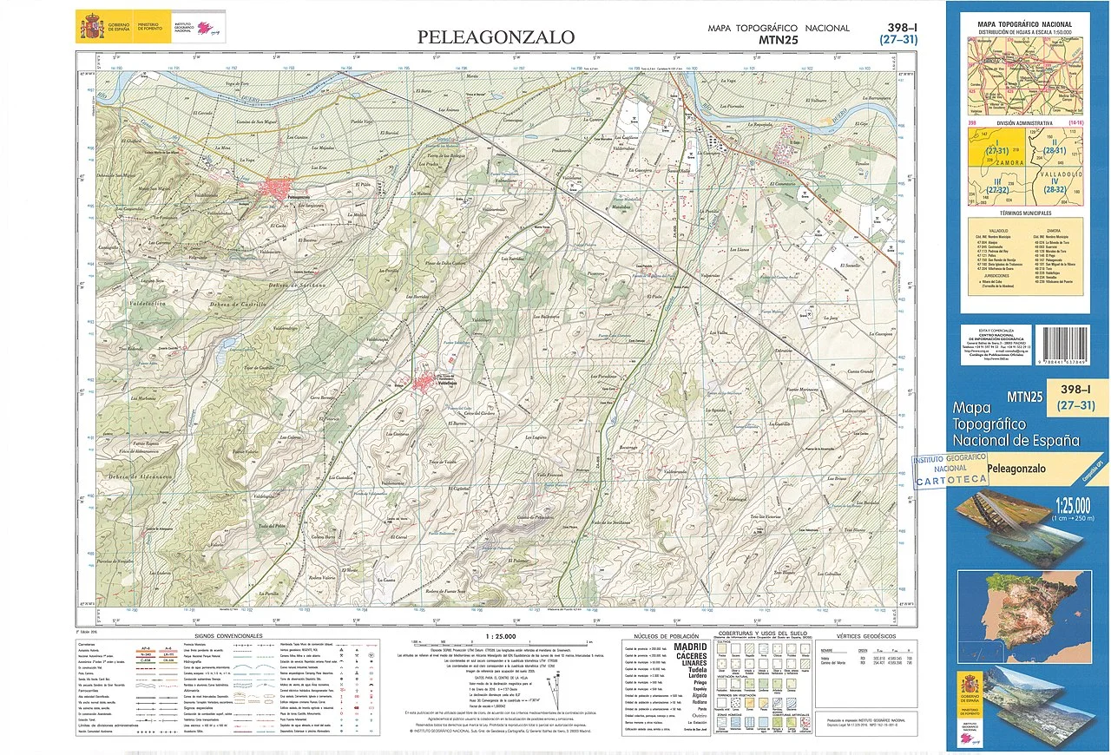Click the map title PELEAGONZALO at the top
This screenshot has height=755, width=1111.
pos(496,36)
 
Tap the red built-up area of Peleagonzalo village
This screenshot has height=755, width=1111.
pos(280,189)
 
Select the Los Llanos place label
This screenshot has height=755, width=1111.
pos(714,249)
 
